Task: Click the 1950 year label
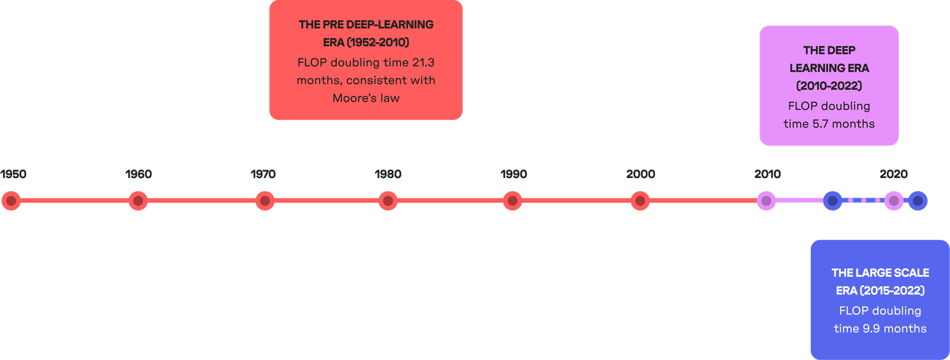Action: click(x=13, y=174)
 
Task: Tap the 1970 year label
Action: click(x=263, y=174)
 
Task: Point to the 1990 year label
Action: click(x=513, y=174)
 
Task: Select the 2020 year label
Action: click(x=893, y=174)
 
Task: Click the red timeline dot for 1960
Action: click(x=138, y=201)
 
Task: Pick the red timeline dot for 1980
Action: click(x=388, y=201)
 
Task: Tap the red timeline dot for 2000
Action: click(x=640, y=201)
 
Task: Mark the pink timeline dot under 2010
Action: click(x=766, y=201)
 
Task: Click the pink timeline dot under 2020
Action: click(x=893, y=201)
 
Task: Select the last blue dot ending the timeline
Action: click(x=918, y=201)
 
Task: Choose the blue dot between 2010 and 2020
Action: click(x=832, y=201)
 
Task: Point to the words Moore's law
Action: click(x=366, y=98)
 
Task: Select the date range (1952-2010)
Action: click(x=378, y=43)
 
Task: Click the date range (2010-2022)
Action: click(x=829, y=86)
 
